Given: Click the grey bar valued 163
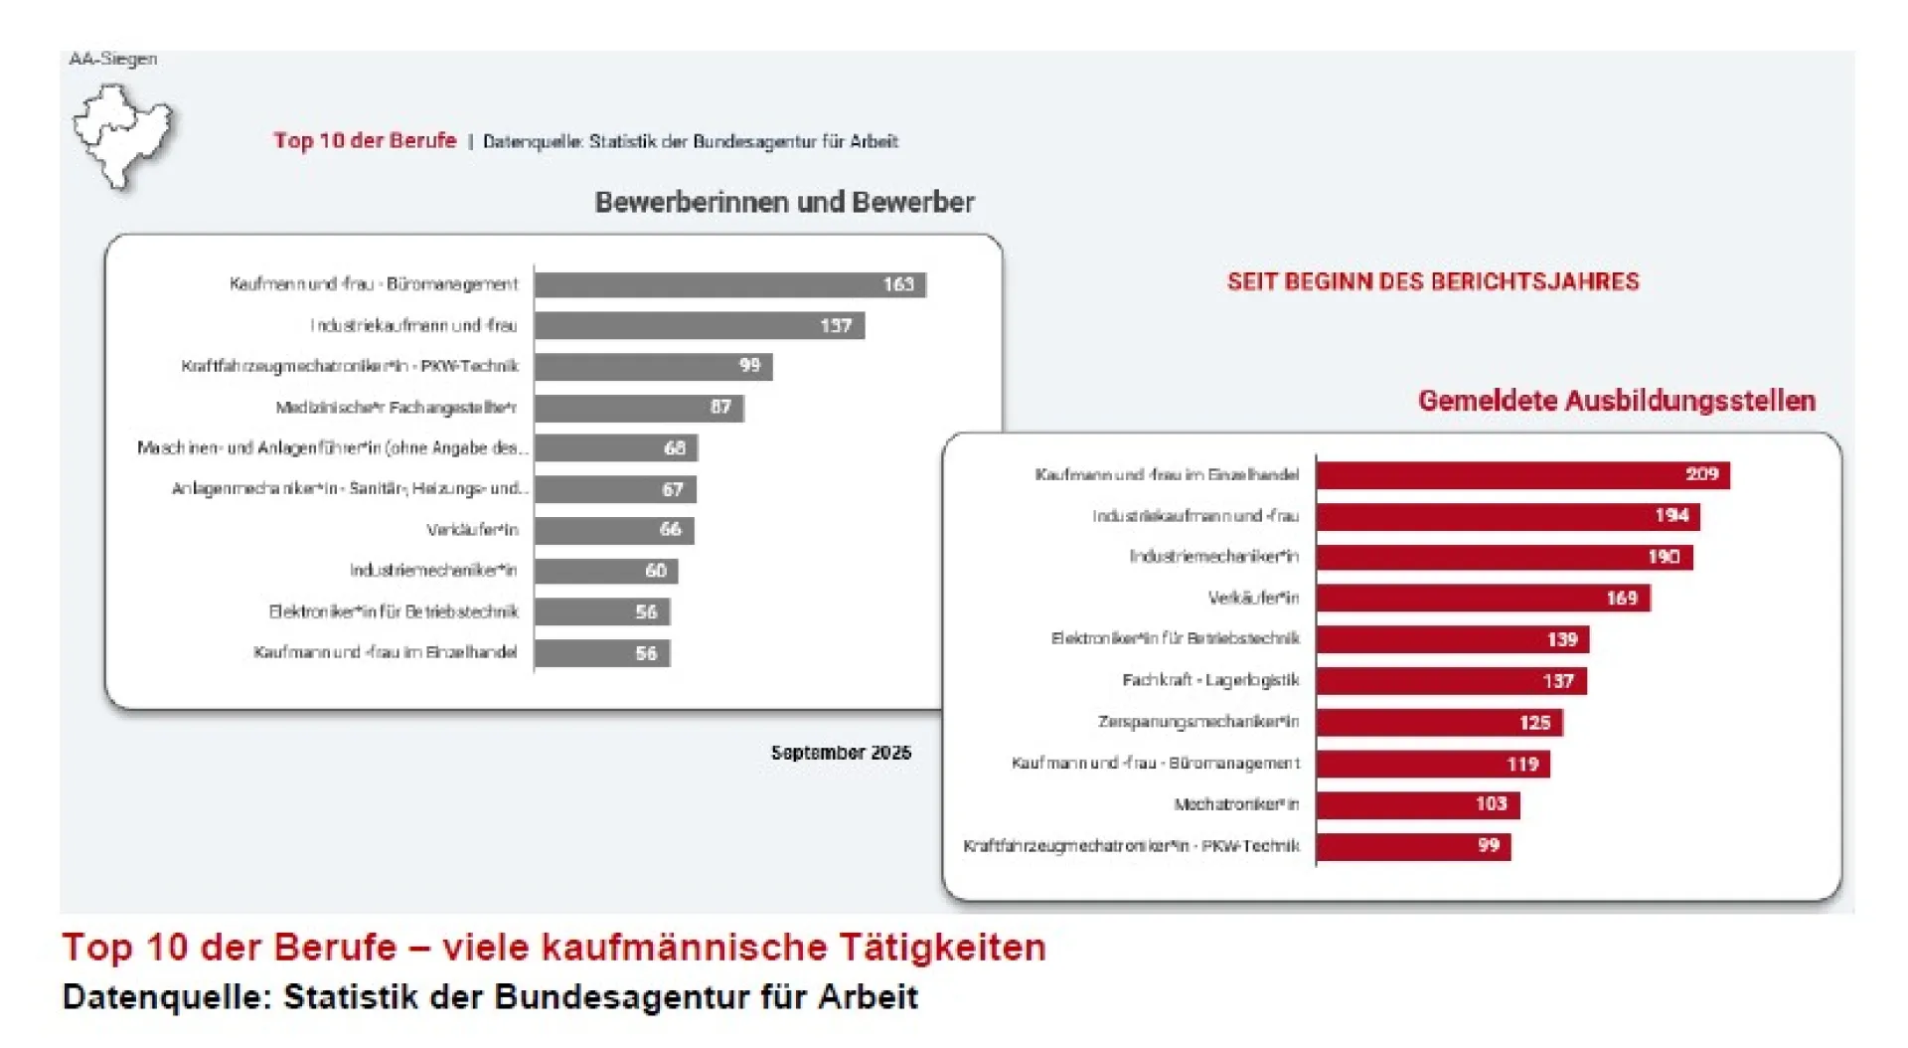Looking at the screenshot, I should click(x=729, y=284).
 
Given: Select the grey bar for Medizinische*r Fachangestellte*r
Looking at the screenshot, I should click(x=638, y=408).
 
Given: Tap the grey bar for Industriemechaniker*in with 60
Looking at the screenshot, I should click(x=605, y=571).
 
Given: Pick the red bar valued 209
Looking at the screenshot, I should click(x=1521, y=475).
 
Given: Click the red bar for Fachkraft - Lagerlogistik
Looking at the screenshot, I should click(x=1450, y=681).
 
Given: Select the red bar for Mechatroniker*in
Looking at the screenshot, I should click(x=1417, y=804).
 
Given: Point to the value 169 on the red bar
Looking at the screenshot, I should click(x=1621, y=599).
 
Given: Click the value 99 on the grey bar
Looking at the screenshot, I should click(x=749, y=366).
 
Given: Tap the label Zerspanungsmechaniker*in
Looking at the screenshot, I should click(x=1197, y=722).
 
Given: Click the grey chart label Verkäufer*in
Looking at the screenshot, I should click(x=472, y=530).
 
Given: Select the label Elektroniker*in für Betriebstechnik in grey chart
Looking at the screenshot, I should click(x=394, y=611).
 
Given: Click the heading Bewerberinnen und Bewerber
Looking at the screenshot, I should click(x=784, y=203).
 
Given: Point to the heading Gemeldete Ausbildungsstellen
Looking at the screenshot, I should click(x=1616, y=401).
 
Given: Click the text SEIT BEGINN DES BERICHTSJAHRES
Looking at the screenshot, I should click(x=1432, y=281).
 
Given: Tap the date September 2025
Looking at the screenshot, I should click(x=841, y=753).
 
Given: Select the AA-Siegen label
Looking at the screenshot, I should click(x=112, y=59).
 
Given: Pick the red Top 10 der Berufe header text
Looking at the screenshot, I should click(x=365, y=141).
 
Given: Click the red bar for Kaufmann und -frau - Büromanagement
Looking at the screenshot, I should click(x=1432, y=764).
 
